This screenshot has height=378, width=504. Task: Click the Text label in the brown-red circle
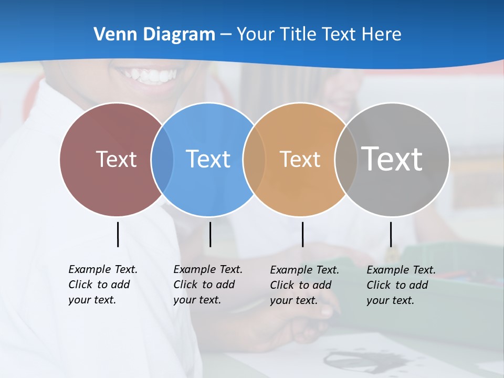coord(116,159)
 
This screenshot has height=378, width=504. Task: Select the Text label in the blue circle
coord(208,159)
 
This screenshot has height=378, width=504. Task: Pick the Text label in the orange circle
coord(300,159)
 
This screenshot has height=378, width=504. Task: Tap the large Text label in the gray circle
coord(392,159)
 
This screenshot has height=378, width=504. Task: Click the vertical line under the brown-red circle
coord(118,234)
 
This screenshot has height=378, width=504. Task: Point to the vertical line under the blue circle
coord(210,234)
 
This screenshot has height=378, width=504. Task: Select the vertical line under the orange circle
coord(303,234)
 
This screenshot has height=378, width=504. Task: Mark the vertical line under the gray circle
coord(391,234)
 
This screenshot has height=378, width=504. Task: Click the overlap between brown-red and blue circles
coord(162,160)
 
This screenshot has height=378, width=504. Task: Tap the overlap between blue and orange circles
coord(254,160)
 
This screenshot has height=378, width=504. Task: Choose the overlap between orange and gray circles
coord(346,160)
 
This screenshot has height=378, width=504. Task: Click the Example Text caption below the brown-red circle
coord(103,285)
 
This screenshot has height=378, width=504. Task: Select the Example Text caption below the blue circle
coord(208,285)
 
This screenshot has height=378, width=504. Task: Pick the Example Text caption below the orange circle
coord(304,285)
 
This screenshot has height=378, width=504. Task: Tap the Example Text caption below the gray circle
coord(401,285)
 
